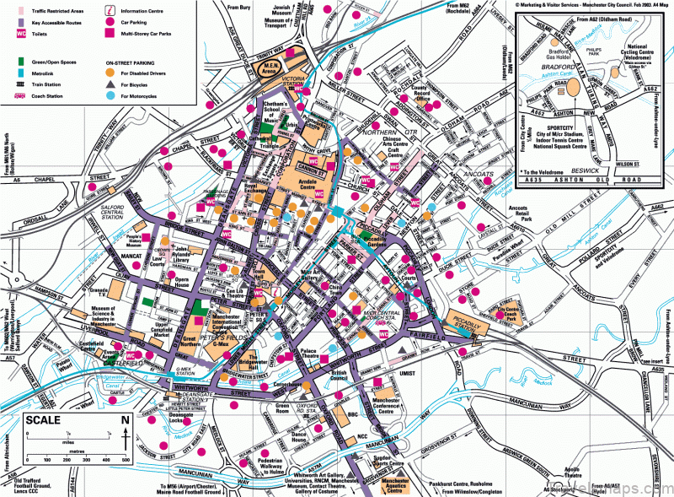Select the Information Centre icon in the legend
[110, 9]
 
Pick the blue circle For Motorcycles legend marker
[110, 96]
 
